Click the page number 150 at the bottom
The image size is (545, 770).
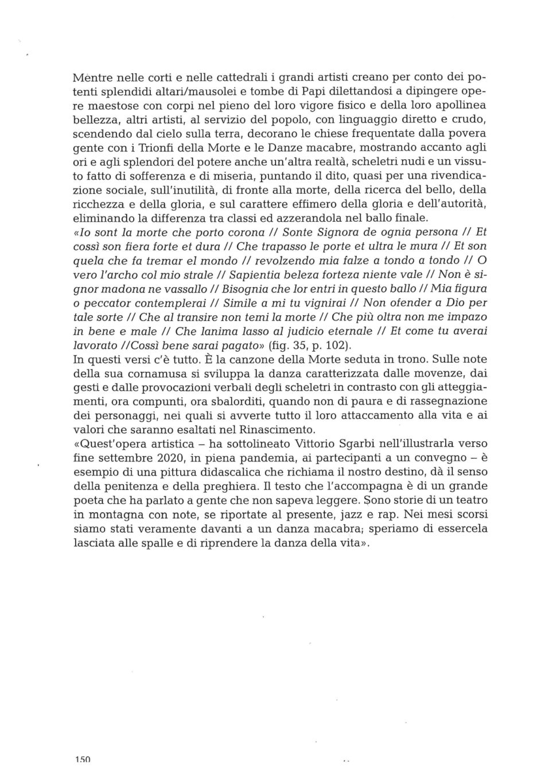click(x=83, y=759)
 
